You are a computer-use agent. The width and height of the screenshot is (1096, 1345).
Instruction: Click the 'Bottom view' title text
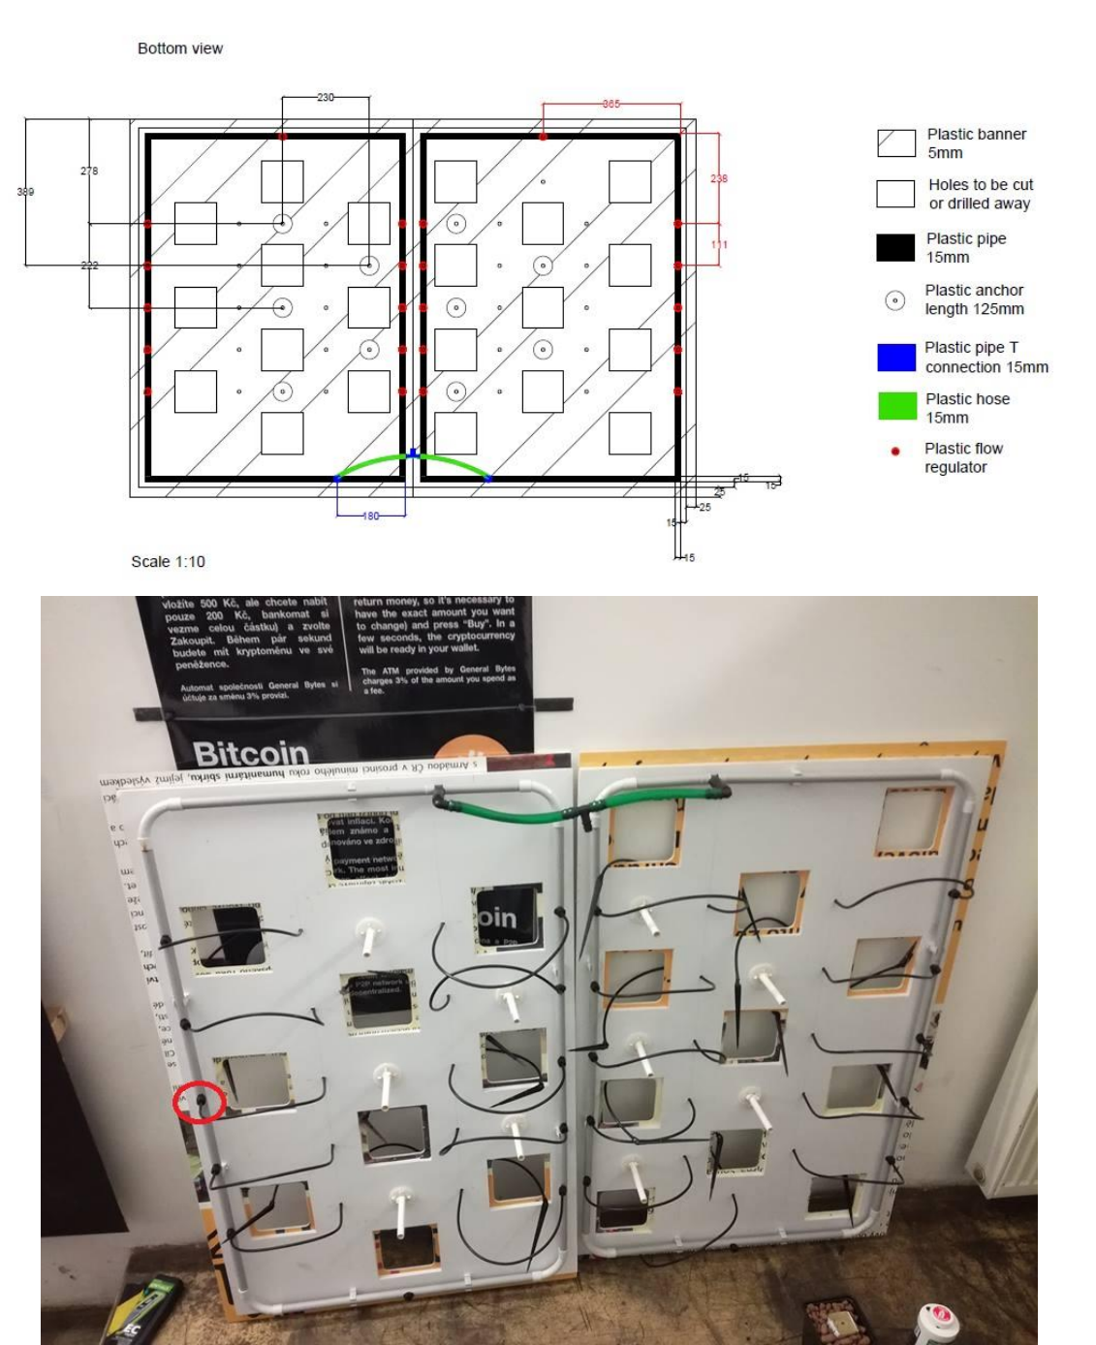point(180,48)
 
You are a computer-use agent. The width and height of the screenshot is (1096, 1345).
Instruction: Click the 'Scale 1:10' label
point(168,562)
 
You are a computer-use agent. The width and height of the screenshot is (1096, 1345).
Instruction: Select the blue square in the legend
point(895,358)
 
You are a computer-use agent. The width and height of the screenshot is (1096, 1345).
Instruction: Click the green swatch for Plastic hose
point(895,407)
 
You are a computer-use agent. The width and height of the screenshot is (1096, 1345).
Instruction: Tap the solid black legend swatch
point(895,248)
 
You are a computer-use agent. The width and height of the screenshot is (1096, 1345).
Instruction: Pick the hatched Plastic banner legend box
point(895,143)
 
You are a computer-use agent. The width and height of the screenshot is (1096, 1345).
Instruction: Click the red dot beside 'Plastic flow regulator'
point(895,451)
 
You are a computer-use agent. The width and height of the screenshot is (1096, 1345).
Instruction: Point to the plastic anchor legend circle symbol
point(895,300)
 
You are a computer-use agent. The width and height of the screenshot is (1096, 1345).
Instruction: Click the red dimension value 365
point(611,103)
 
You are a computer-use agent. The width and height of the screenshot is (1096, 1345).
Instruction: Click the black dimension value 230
point(326,97)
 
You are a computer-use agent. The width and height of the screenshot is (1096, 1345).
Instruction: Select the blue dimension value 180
point(371,516)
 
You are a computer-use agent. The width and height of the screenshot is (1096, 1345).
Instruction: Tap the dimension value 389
point(25,192)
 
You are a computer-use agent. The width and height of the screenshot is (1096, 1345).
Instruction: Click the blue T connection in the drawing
point(414,453)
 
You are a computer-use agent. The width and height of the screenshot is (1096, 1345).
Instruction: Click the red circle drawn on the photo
point(199,1103)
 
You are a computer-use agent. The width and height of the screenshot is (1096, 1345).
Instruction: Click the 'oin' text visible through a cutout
point(497,918)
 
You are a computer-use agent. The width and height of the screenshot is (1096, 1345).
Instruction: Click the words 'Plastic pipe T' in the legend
point(971,348)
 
